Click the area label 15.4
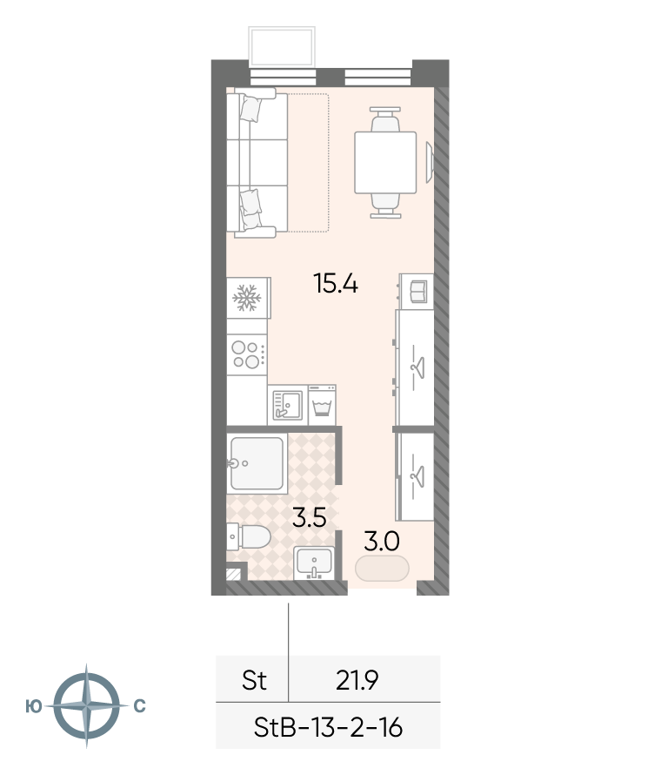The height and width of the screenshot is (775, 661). pos(336,284)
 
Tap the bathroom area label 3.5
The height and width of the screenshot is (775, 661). pos(309,518)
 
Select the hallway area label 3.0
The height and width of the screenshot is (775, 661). pos(382,542)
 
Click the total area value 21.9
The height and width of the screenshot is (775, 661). pos(357,681)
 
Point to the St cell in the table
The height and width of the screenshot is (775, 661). pos(254,680)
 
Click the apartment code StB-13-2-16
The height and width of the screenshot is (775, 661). pos(328,728)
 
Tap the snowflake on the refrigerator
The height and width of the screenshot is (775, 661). pos(246,298)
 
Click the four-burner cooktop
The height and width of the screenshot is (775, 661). pos(247,355)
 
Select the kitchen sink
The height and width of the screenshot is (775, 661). pos(288,405)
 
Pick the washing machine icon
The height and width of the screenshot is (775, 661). pos(323,405)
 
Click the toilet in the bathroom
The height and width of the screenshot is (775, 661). pos(249,536)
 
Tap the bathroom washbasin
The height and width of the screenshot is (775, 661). pos(314,563)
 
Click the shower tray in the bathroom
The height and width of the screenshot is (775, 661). pos(257,463)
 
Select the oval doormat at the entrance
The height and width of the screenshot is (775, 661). pos(382,568)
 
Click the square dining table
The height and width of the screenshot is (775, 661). pos(385,163)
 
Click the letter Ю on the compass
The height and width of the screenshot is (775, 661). pos(34,707)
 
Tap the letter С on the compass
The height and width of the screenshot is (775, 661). pos(140,706)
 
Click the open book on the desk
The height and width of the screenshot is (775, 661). pos(418,292)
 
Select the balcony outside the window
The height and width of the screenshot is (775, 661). pos(282,47)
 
